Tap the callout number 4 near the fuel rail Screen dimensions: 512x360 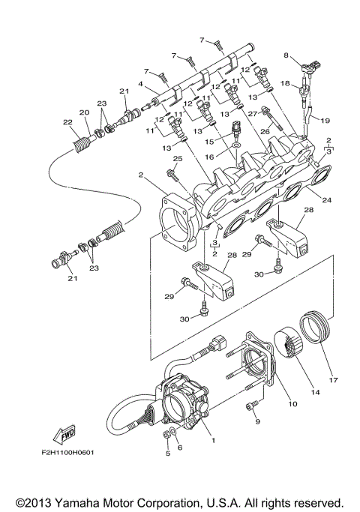click(141, 84)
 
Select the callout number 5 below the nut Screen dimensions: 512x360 click(166, 454)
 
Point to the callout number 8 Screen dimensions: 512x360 click(286, 55)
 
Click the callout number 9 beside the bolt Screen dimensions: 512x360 click(257, 422)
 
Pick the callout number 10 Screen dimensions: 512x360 click(292, 405)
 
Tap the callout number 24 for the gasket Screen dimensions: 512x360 click(326, 200)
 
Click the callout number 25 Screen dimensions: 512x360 click(178, 159)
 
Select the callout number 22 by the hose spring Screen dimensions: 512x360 click(67, 122)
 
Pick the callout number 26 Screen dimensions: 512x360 click(263, 130)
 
